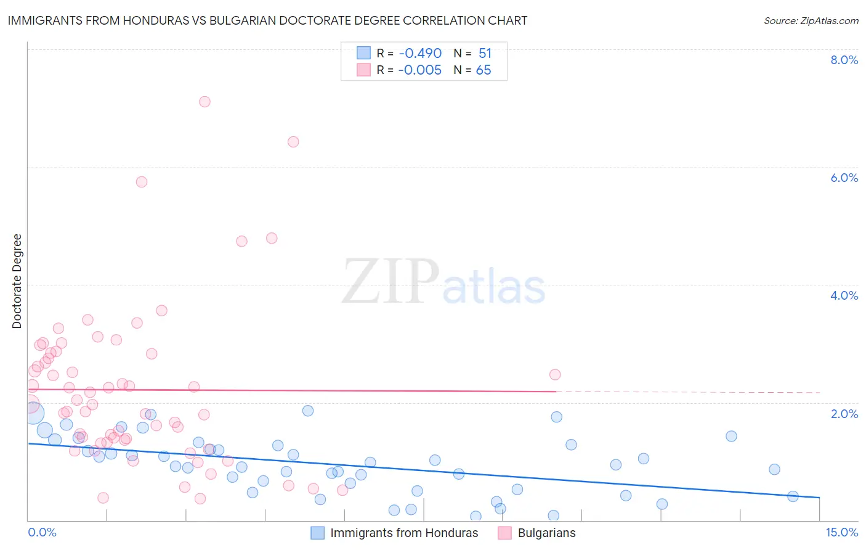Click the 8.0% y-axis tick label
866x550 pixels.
(x=844, y=60)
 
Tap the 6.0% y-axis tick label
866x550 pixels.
(x=844, y=178)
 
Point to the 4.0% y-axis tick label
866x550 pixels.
(x=844, y=295)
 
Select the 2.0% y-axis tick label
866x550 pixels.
(x=844, y=414)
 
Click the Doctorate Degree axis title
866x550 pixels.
(x=17, y=281)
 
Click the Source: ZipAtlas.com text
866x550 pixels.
(x=811, y=20)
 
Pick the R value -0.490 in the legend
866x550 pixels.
(x=419, y=53)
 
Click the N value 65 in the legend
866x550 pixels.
(x=484, y=70)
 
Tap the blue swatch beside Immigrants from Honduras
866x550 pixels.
(x=317, y=533)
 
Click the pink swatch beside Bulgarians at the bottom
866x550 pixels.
(x=505, y=533)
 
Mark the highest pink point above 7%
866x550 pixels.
(x=204, y=102)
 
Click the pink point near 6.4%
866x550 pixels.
(x=293, y=142)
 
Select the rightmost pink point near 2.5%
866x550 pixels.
(x=555, y=374)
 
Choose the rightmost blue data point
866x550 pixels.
(x=793, y=496)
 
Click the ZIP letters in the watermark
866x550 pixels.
(x=391, y=282)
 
